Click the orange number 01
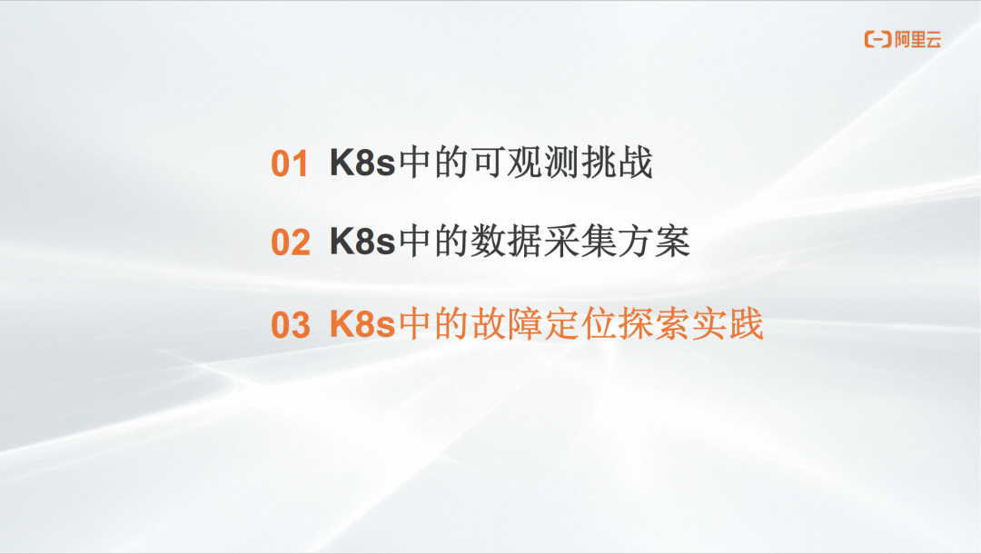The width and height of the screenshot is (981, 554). tap(289, 163)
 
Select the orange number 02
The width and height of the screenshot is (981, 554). tap(291, 242)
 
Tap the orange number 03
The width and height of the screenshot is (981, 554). tap(291, 325)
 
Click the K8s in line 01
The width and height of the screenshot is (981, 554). tap(362, 163)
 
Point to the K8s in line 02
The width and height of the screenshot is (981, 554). tap(362, 242)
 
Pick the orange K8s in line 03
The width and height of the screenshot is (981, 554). tap(362, 324)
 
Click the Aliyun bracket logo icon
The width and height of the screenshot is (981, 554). tap(877, 39)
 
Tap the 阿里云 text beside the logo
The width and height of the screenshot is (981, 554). tap(917, 40)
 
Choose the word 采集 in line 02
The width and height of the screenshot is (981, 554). tap(580, 242)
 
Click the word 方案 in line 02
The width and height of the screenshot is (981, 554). tap(654, 242)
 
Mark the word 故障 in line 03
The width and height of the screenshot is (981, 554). tap(507, 324)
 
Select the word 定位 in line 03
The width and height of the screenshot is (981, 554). tap(580, 324)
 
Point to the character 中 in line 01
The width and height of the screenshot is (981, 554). tap(415, 163)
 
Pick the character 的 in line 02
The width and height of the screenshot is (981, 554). tap(451, 242)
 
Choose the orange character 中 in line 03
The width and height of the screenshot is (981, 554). tap(415, 324)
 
